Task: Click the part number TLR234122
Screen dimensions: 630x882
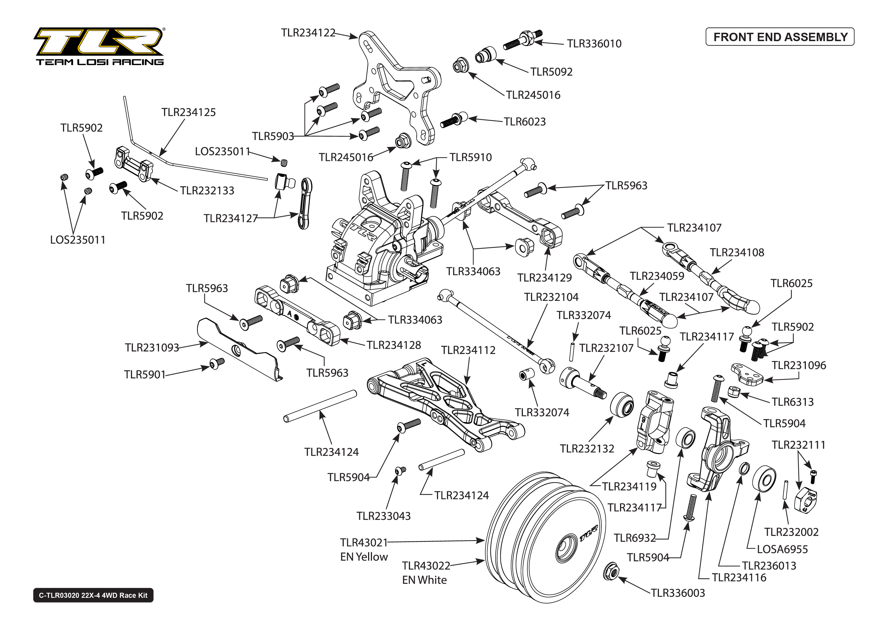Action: click(x=308, y=32)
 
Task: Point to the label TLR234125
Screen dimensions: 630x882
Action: click(x=188, y=112)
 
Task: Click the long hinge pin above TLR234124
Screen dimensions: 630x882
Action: click(x=320, y=406)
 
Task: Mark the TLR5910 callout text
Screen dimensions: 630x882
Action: click(x=471, y=157)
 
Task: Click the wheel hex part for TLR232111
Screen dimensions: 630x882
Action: click(x=804, y=503)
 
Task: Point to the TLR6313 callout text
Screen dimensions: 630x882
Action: click(x=792, y=402)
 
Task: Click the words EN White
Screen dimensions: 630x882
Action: click(x=424, y=580)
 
